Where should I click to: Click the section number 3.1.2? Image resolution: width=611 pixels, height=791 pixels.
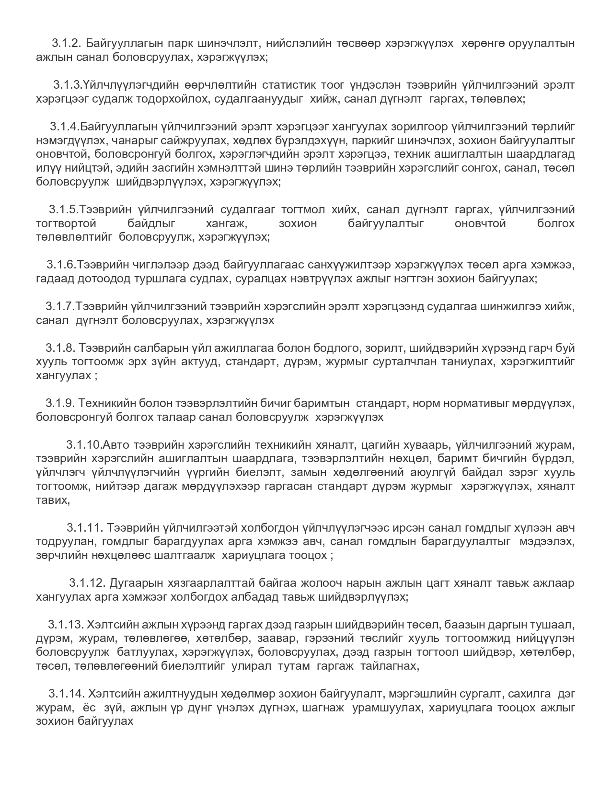click(x=67, y=43)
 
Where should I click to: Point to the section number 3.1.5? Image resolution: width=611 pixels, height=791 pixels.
click(x=64, y=209)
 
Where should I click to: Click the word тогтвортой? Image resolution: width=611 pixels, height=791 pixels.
click(x=66, y=223)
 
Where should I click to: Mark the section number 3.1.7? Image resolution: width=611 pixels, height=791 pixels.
click(x=60, y=306)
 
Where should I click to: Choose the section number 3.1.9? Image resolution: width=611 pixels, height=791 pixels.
click(x=60, y=403)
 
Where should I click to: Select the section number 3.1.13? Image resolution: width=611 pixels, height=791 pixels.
click(x=66, y=625)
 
